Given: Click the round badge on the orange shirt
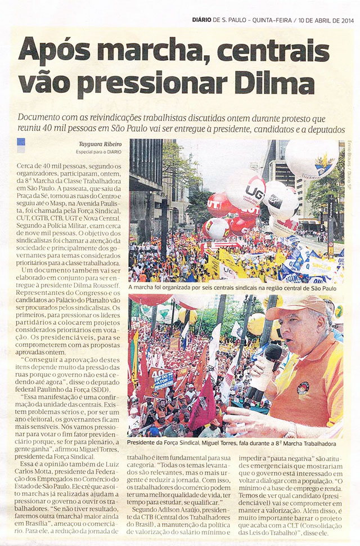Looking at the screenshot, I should point(303,388).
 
